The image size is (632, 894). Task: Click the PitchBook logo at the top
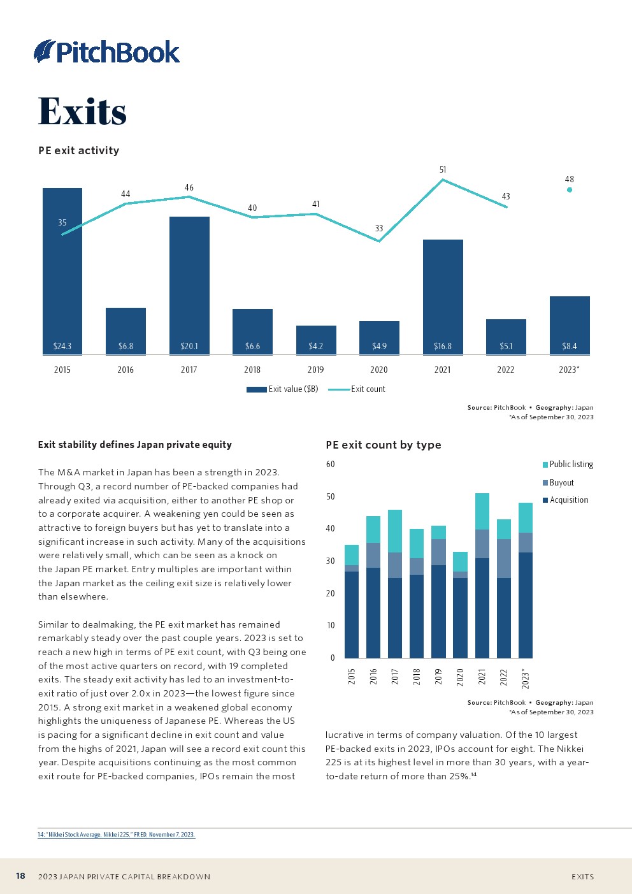[x=107, y=52]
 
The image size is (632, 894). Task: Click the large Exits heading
[x=82, y=112]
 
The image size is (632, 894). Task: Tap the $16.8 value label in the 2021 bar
[x=442, y=346]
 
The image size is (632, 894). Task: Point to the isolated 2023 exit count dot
[x=570, y=189]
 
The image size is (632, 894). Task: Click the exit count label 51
[x=443, y=170]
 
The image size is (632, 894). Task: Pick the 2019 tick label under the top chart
[x=315, y=370]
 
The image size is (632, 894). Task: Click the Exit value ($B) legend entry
[x=282, y=389]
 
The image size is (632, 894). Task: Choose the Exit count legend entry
[x=357, y=389]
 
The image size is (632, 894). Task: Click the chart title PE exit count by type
[x=383, y=445]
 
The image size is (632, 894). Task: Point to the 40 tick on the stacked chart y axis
[x=330, y=529]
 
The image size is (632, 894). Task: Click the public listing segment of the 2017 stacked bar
[x=395, y=531]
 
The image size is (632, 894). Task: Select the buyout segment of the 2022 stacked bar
[x=504, y=558]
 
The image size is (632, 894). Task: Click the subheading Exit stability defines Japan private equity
[x=134, y=445]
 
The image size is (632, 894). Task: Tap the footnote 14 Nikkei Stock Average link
[x=116, y=835]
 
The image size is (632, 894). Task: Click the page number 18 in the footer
[x=20, y=876]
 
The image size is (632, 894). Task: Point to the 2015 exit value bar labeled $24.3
[x=62, y=271]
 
